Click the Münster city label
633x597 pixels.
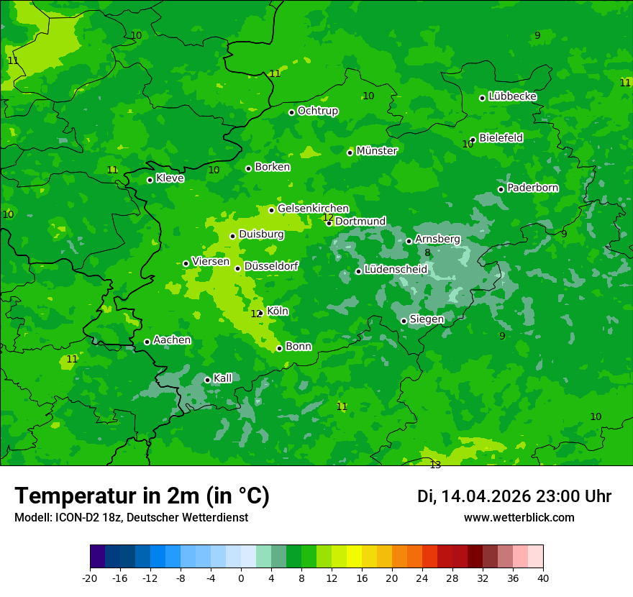[377, 151]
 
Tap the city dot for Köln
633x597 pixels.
[260, 314]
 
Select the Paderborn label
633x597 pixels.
[532, 188]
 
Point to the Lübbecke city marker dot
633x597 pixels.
[482, 98]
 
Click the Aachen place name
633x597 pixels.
[172, 339]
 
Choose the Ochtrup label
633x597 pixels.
[317, 111]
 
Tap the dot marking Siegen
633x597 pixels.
[404, 321]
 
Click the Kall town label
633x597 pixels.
[222, 378]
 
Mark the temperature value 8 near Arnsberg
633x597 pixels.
[427, 252]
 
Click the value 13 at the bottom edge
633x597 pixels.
[435, 465]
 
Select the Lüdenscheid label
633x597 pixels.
[396, 270]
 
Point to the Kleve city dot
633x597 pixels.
[150, 180]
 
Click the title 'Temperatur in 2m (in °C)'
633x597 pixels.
[142, 496]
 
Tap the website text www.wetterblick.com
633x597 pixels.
[519, 518]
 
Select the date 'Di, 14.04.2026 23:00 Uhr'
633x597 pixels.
[514, 496]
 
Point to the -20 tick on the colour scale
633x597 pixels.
[90, 578]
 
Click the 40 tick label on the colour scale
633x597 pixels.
[543, 578]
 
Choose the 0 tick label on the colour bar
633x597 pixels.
[241, 578]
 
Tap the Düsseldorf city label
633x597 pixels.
[271, 266]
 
